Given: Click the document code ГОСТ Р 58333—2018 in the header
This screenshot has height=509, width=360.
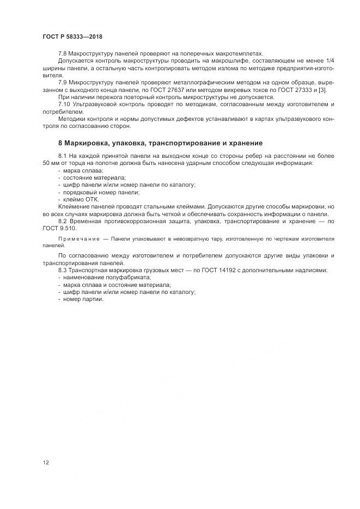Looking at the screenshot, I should pos(72,36).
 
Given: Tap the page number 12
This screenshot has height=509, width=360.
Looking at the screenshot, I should pos(45,463).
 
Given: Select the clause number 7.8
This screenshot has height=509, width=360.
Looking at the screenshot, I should pos(62,54).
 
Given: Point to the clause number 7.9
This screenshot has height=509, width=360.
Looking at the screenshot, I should pos(62,82).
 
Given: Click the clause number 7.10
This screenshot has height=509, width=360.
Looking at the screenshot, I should pos(64,103).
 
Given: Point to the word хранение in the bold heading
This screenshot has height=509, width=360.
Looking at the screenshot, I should pos(244,143).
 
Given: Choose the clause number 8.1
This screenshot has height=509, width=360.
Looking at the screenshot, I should pos(62,156).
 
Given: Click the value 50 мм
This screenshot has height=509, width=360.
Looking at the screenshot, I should pos(53,163).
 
